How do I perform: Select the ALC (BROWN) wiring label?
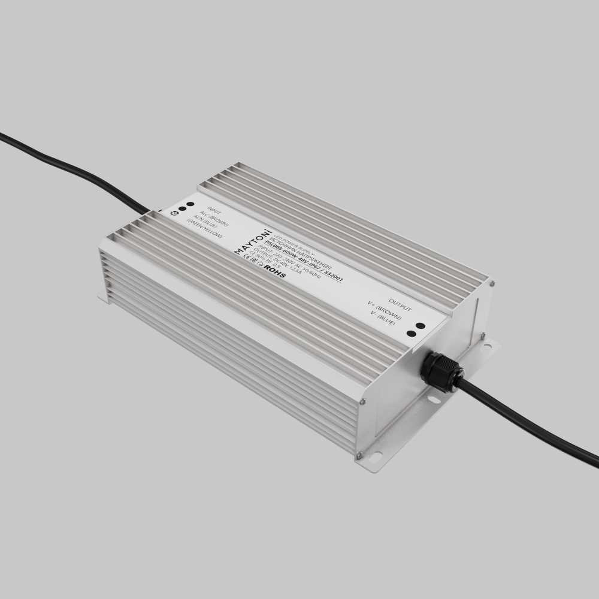coord(215,220)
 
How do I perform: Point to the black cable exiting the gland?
coord(527,422)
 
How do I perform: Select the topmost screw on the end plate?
coord(491,284)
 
